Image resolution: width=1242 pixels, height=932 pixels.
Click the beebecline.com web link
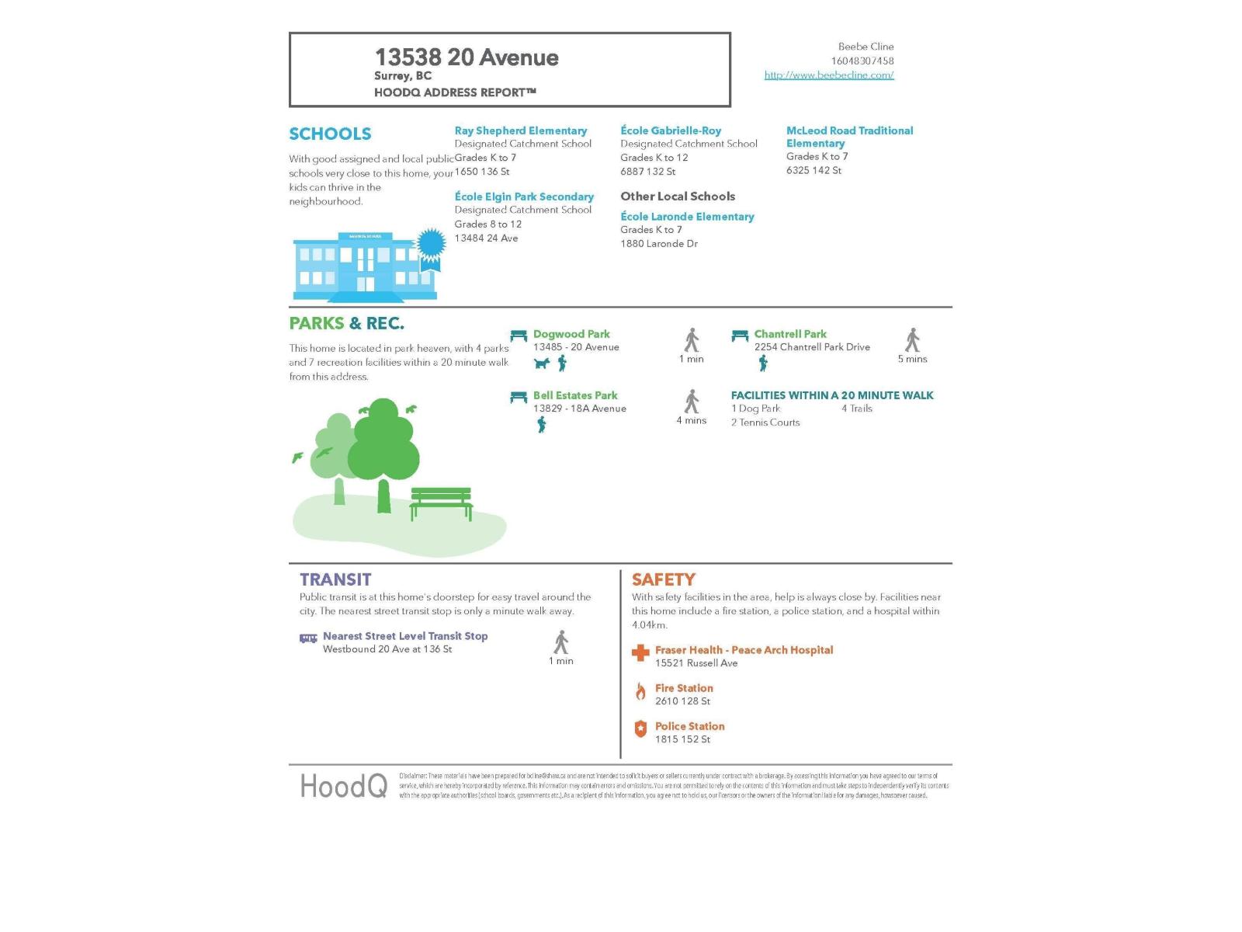[x=829, y=75]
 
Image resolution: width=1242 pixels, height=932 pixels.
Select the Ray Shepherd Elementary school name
[x=520, y=130]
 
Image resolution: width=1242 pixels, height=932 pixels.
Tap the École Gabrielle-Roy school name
[x=671, y=130]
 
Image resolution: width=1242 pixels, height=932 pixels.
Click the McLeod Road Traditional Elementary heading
[x=849, y=137]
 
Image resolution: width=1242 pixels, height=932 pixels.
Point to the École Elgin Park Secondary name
[x=524, y=196]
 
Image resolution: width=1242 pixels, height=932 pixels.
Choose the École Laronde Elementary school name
[x=687, y=217]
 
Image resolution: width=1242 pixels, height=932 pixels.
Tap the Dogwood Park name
[x=571, y=334]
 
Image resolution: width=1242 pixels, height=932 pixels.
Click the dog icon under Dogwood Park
[x=542, y=363]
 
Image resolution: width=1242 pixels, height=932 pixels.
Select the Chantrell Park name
[x=790, y=334]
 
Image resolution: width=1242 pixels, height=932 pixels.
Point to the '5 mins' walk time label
[x=912, y=359]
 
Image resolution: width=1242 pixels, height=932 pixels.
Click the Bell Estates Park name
[x=575, y=395]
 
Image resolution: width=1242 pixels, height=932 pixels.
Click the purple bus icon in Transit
[x=308, y=638]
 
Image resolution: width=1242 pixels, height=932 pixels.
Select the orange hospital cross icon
[x=640, y=653]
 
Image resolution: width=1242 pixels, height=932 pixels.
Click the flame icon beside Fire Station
[x=640, y=691]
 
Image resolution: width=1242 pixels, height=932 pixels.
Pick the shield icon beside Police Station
[x=640, y=729]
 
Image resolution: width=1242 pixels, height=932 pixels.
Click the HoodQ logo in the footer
[x=343, y=786]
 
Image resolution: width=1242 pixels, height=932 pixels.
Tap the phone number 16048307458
[x=862, y=61]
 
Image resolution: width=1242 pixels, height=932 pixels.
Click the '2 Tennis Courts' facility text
[x=765, y=423]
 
